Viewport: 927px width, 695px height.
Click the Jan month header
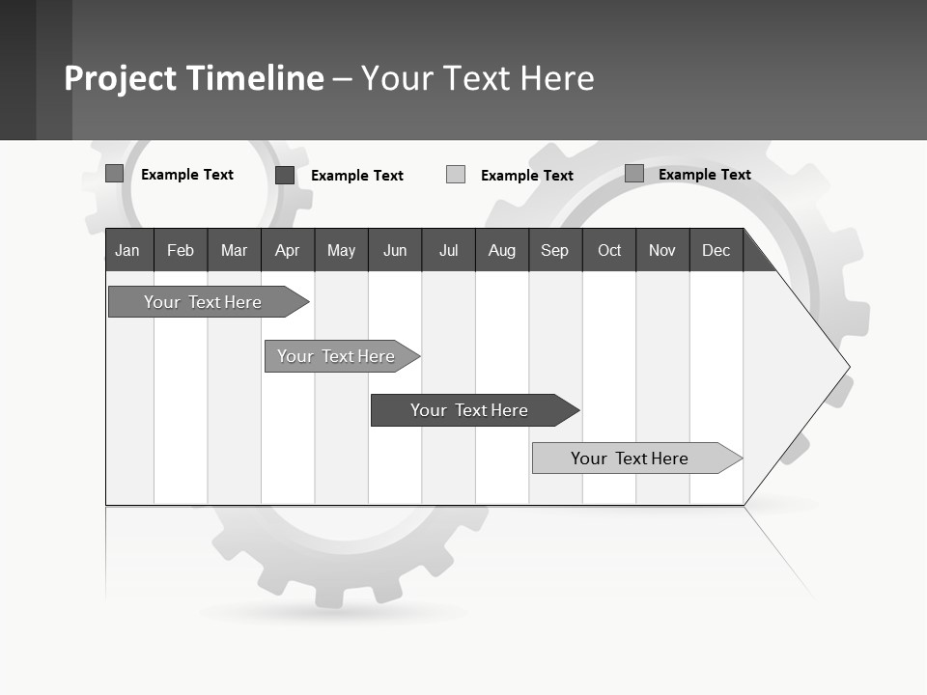[x=128, y=250]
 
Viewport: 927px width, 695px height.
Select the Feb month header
[x=181, y=250]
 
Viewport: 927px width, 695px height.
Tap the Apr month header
[x=288, y=250]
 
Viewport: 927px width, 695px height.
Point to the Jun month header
[x=395, y=250]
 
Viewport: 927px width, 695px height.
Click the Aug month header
[x=502, y=250]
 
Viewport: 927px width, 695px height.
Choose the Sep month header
[x=555, y=250]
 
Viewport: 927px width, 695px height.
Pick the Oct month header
[x=609, y=250]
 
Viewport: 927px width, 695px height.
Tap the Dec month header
[x=716, y=250]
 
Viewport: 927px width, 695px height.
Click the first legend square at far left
[x=115, y=174]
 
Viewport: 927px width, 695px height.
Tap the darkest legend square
[x=285, y=175]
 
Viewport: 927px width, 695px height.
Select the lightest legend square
[x=456, y=175]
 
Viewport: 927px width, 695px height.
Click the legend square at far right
[x=634, y=174]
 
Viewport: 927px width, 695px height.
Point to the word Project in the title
[x=121, y=78]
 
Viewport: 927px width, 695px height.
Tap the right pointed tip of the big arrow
[x=847, y=367]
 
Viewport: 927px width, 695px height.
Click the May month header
[x=341, y=250]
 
